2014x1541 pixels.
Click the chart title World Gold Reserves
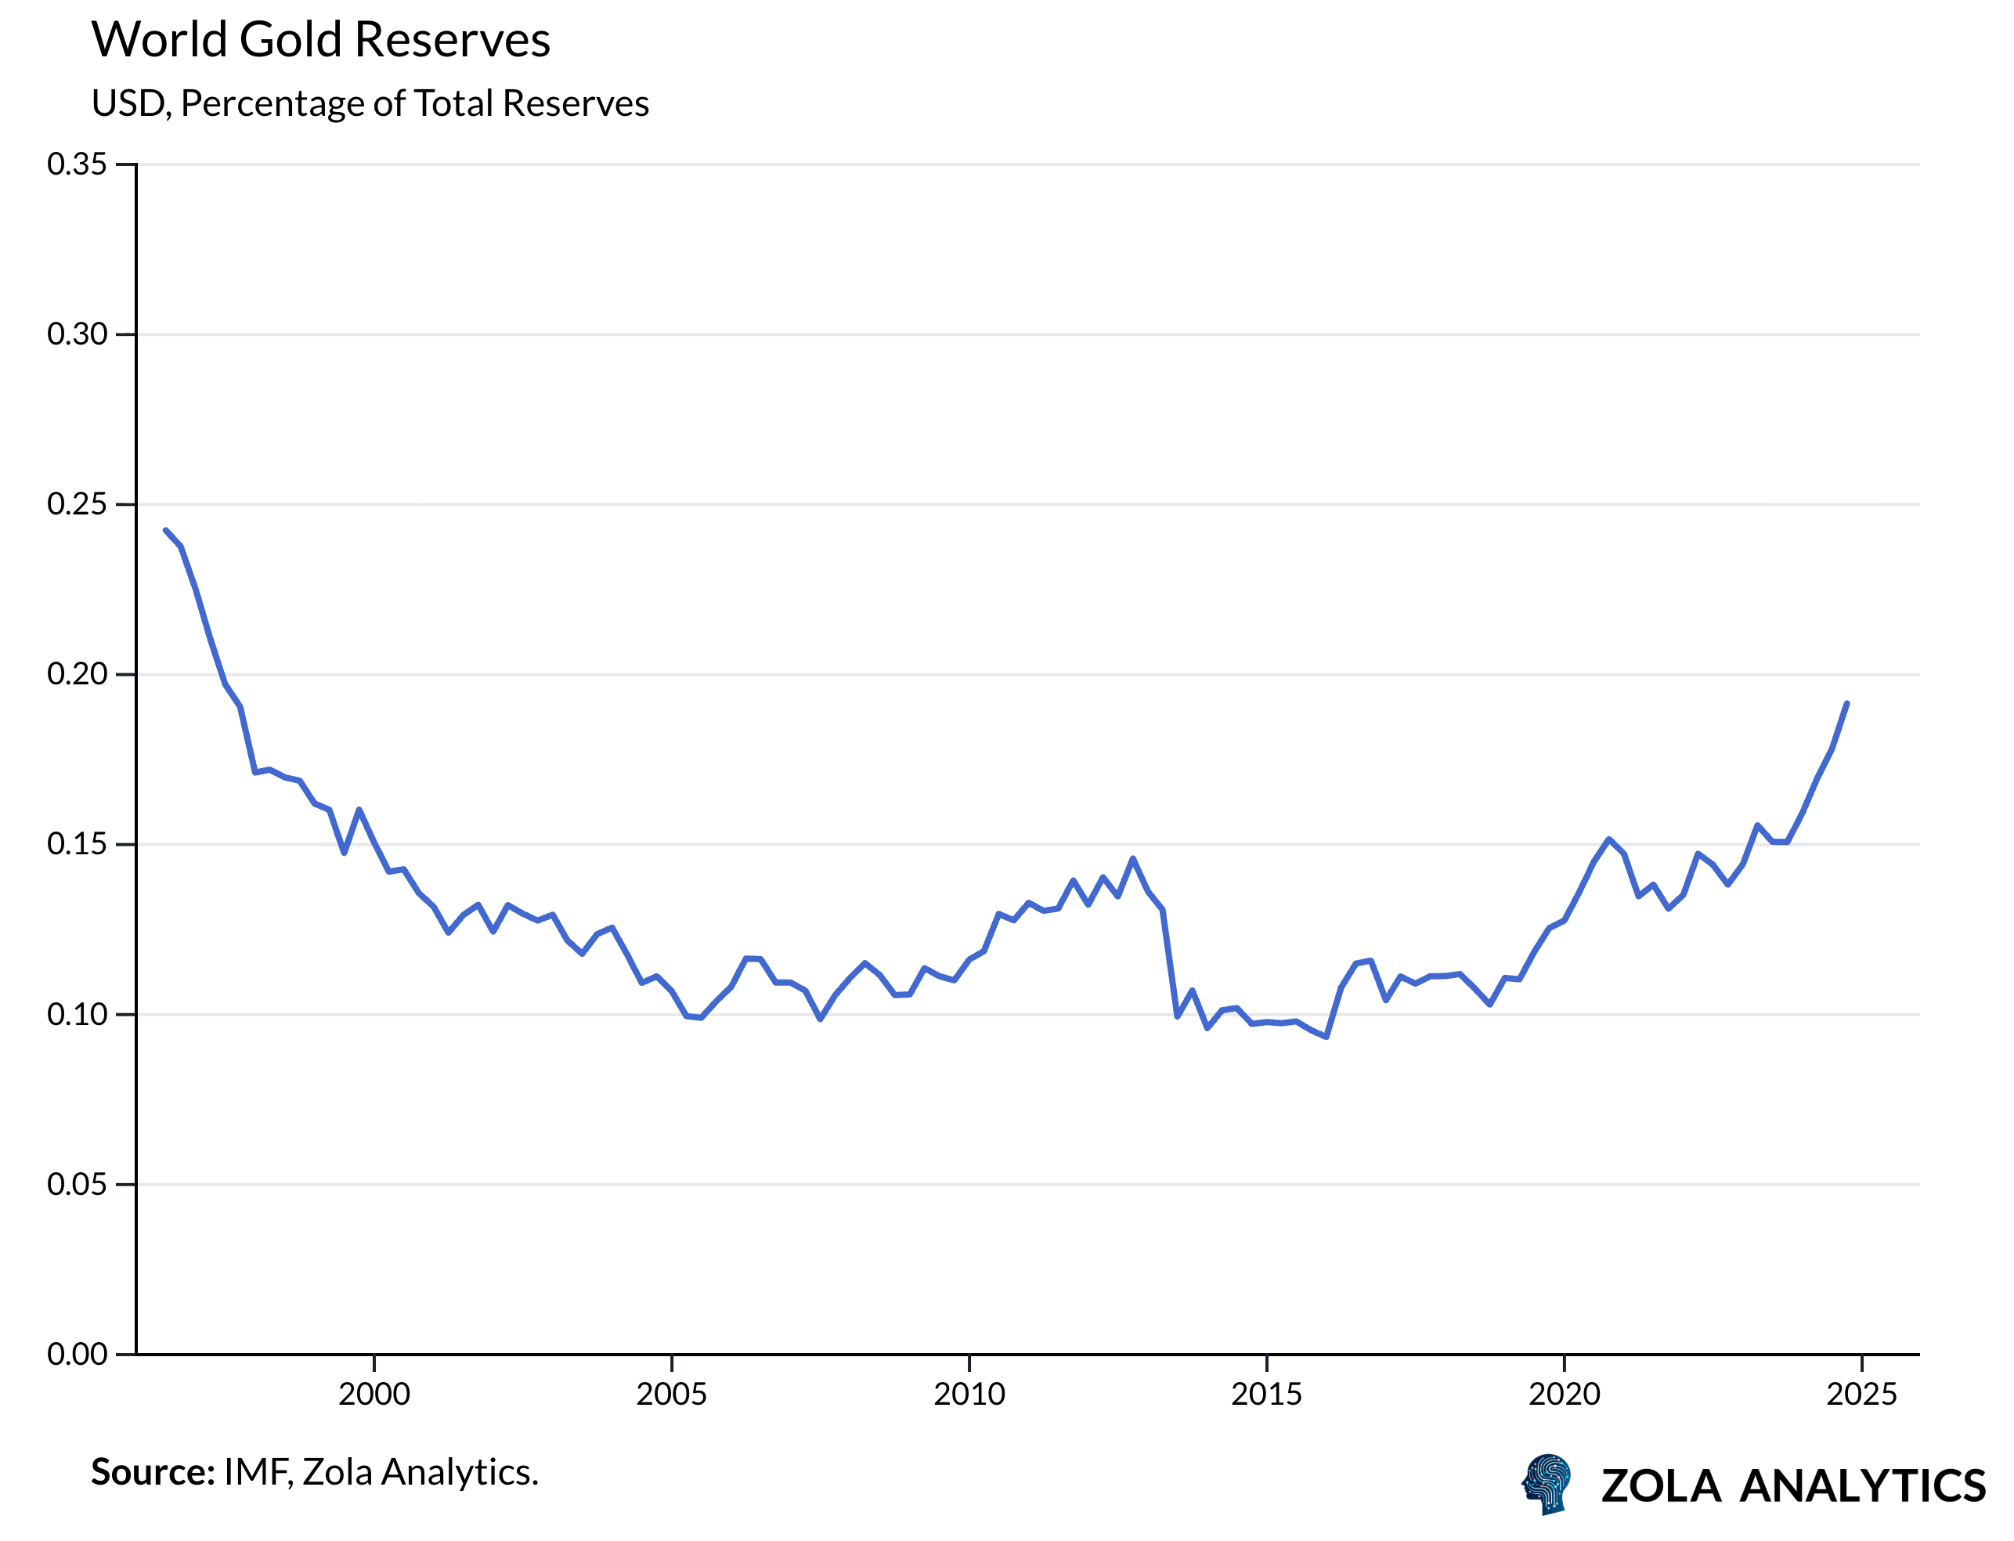[x=320, y=41]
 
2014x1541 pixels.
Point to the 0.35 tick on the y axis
[x=77, y=164]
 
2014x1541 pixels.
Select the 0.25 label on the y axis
[x=77, y=503]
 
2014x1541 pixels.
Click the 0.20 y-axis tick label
[x=77, y=674]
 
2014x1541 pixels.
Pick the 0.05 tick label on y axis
[x=77, y=1184]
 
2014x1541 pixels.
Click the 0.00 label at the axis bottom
[x=77, y=1354]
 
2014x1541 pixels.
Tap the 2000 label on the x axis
[x=374, y=1395]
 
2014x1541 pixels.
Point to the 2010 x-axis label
[x=969, y=1395]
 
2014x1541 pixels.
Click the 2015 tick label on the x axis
[x=1266, y=1395]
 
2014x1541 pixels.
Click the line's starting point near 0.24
[x=166, y=530]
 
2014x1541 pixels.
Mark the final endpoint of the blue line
[x=1846, y=703]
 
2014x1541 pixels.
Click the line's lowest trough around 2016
[x=1326, y=1037]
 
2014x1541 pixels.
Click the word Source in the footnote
[x=151, y=1472]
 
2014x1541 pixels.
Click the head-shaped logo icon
[x=1547, y=1483]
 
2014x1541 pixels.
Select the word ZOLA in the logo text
[x=1660, y=1487]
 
